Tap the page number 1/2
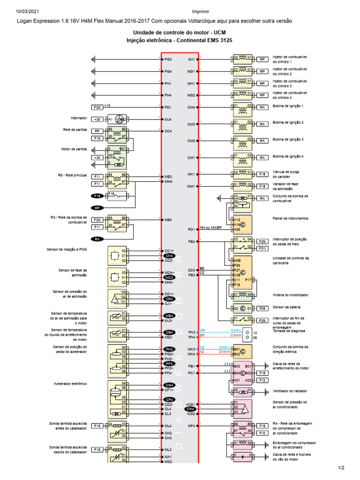coord(341,468)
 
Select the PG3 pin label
coord(168,60)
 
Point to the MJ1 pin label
coord(191,60)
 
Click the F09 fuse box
coord(262,308)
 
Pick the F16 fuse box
coord(97,139)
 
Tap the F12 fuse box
coord(262,381)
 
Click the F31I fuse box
coord(262,248)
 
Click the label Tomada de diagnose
coord(290,330)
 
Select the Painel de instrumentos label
coord(291,218)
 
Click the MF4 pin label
coord(191,426)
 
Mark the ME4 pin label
coord(168,219)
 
